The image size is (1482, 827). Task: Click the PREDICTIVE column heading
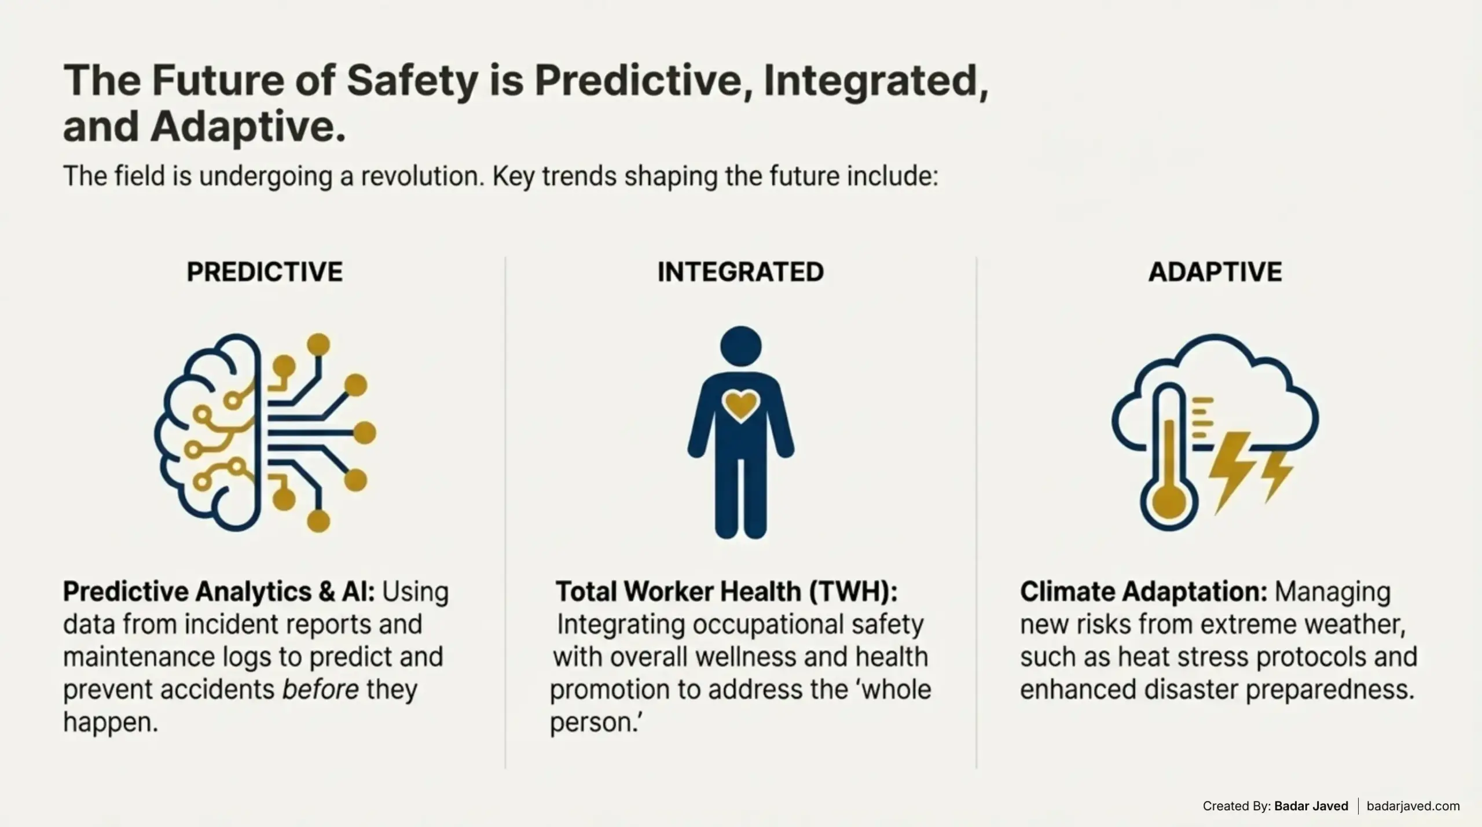point(265,272)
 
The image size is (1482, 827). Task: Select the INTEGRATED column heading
point(740,272)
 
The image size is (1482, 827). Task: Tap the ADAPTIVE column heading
point(1215,272)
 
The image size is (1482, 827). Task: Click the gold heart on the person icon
point(741,405)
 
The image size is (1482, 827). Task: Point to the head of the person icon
point(741,346)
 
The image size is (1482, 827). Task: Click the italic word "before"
point(320,689)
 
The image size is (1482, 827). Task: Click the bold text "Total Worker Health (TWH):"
point(727,591)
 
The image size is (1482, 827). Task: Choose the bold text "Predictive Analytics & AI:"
point(219,591)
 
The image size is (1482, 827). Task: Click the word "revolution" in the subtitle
point(422,176)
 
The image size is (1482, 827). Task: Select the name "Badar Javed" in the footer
point(1311,806)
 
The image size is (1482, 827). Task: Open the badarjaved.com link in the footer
point(1413,806)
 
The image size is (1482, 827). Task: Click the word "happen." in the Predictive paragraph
point(111,722)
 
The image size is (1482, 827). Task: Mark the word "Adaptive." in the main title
point(248,126)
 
